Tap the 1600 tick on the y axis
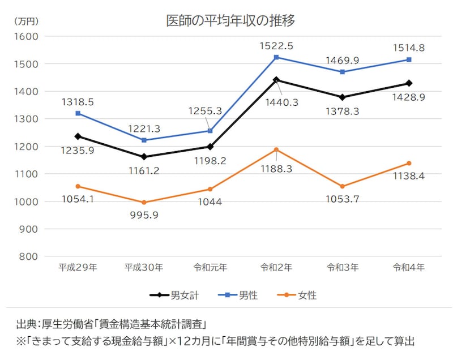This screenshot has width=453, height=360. pos(25,36)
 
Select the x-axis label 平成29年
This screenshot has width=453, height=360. pos(78,267)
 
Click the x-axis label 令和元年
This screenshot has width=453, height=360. pos(210,267)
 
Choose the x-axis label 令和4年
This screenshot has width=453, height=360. pos(408,267)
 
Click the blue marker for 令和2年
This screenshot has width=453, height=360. pos(276,57)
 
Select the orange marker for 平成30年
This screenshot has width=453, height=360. pos(144,202)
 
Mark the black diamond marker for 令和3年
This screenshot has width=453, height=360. pos(342,97)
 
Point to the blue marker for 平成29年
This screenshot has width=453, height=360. pos(78,113)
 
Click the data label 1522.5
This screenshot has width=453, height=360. pos(276,45)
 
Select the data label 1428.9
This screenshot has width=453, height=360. pos(408,98)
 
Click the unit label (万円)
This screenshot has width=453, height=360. pos(25,22)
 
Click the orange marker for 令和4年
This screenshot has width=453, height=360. pos(408,164)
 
